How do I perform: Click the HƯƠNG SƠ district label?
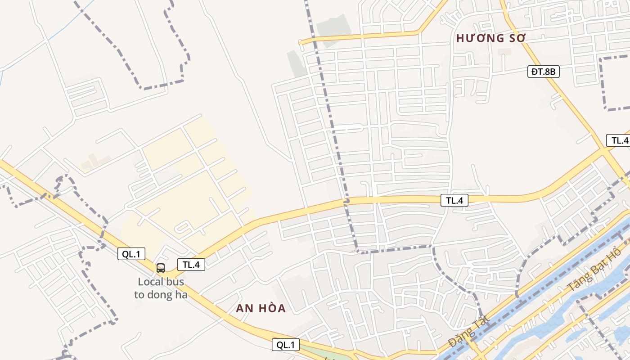(x=490, y=38)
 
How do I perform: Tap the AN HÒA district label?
(x=261, y=308)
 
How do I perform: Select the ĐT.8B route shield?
(x=544, y=71)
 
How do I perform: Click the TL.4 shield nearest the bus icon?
(x=191, y=265)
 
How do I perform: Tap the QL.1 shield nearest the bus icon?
(x=131, y=254)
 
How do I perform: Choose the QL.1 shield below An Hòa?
(x=286, y=345)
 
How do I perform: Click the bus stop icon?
(x=161, y=268)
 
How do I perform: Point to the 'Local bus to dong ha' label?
(x=161, y=288)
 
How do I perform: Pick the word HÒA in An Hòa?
(x=271, y=308)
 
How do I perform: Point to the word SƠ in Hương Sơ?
(x=516, y=38)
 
